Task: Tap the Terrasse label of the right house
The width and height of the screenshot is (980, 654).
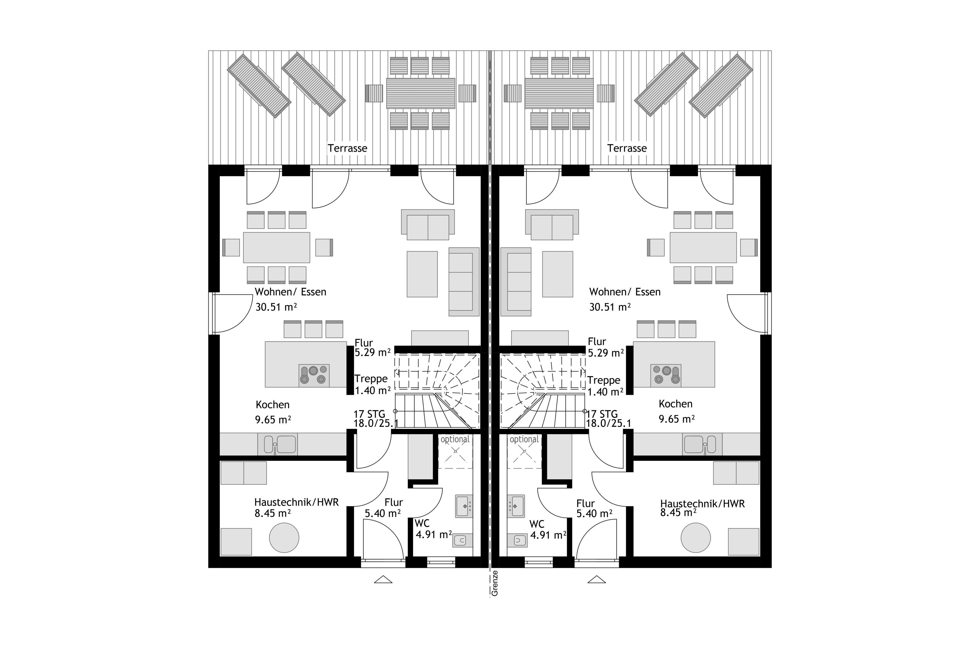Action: tap(627, 148)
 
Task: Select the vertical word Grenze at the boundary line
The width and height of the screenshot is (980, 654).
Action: tap(495, 583)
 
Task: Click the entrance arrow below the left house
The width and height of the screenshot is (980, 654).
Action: tap(383, 579)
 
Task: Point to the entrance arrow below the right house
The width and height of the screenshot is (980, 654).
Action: tap(597, 579)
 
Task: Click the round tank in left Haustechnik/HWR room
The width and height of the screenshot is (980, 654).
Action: tap(284, 538)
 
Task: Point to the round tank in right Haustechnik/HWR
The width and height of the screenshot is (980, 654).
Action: tap(696, 538)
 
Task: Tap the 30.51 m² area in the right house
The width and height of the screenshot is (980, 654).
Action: tap(610, 307)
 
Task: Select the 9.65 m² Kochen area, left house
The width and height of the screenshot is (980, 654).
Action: tap(273, 419)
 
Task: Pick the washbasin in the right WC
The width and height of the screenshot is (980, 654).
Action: tap(516, 506)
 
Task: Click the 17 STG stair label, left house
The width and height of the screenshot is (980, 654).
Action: tap(370, 414)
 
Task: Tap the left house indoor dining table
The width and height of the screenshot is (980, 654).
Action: tap(277, 247)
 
